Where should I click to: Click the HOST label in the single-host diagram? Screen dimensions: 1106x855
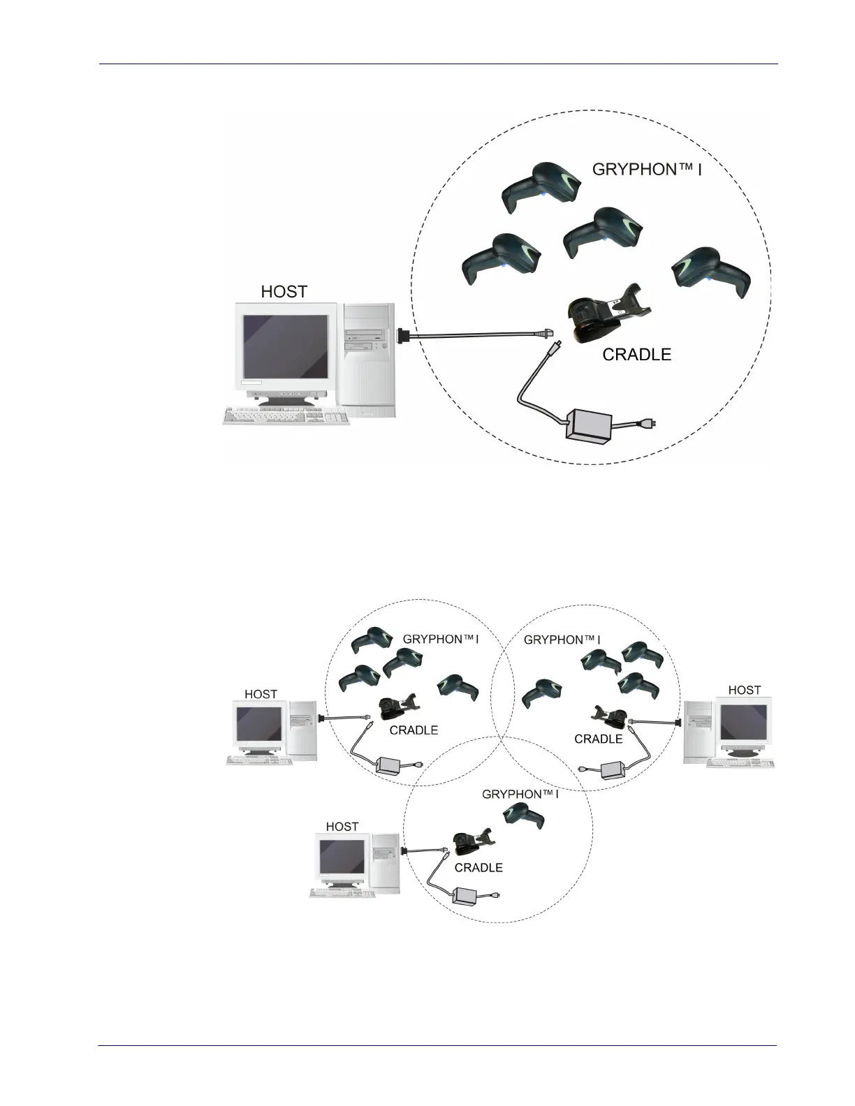pyautogui.click(x=284, y=292)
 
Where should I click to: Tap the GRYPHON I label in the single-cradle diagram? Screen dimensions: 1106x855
pyautogui.click(x=646, y=169)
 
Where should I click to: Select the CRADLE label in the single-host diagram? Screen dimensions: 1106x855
pyautogui.click(x=636, y=355)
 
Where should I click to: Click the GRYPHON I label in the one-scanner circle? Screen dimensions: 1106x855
pyautogui.click(x=520, y=795)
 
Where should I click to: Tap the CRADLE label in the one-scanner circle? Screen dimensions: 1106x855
pyautogui.click(x=478, y=868)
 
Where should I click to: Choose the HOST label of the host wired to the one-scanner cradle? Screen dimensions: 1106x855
pyautogui.click(x=342, y=827)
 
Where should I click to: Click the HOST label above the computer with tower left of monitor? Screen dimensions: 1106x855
pyautogui.click(x=745, y=690)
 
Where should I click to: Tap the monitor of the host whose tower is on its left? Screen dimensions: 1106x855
pyautogui.click(x=743, y=723)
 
